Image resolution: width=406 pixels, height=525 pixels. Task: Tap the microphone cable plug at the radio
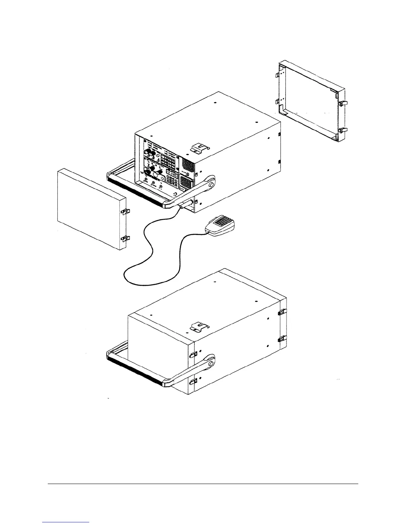(182, 206)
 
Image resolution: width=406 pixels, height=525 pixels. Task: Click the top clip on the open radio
(198, 148)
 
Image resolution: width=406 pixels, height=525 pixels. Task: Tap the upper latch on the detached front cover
(125, 211)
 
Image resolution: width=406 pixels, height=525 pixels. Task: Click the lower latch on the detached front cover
(125, 238)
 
